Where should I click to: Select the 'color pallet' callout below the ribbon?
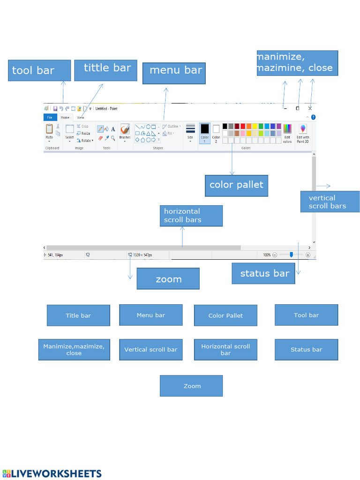click(236, 185)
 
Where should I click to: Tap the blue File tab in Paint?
click(50, 118)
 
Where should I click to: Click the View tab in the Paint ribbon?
click(81, 118)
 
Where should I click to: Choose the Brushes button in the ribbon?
click(125, 132)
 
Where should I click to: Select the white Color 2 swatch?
click(216, 133)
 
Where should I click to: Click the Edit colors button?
click(287, 133)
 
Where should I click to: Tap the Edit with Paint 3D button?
click(303, 133)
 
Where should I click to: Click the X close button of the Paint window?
click(310, 108)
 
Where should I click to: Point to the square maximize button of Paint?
click(297, 108)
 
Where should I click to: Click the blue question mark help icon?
click(313, 117)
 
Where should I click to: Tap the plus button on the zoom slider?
click(308, 255)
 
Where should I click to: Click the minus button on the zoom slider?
click(275, 255)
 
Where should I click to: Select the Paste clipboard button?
click(49, 132)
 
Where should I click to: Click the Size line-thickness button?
click(190, 132)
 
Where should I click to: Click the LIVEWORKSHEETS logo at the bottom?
click(52, 473)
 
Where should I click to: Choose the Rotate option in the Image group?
click(85, 140)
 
